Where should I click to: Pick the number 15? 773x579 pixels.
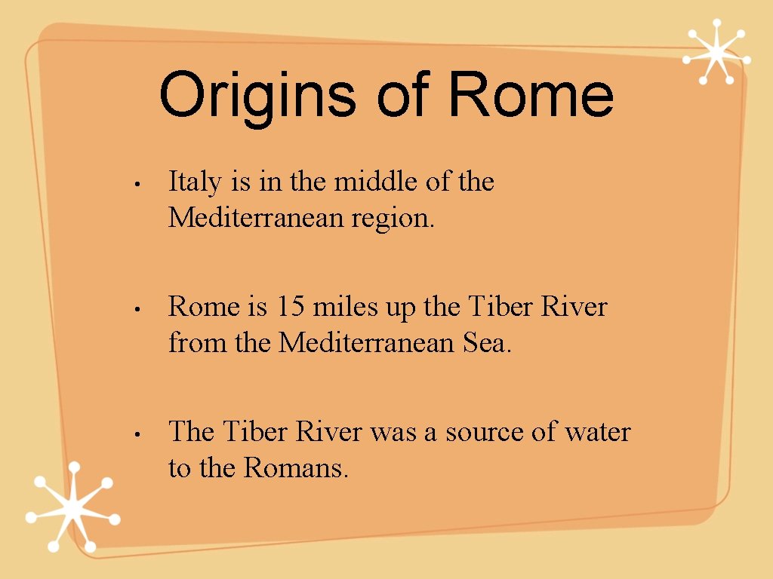288,307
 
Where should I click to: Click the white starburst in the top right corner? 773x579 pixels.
716,52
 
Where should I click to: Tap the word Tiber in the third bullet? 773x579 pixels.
255,432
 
